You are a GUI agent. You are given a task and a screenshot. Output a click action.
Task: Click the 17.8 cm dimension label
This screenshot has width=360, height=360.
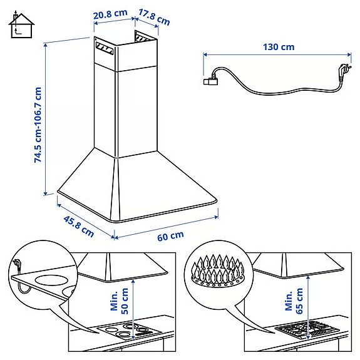[x=154, y=17]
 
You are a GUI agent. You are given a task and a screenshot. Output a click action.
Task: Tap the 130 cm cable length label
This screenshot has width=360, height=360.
[x=279, y=46]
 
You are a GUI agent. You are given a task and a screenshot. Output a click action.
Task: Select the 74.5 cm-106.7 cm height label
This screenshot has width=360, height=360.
[x=39, y=125]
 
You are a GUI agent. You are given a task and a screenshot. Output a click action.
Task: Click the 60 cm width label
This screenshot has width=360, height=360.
[x=170, y=236]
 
